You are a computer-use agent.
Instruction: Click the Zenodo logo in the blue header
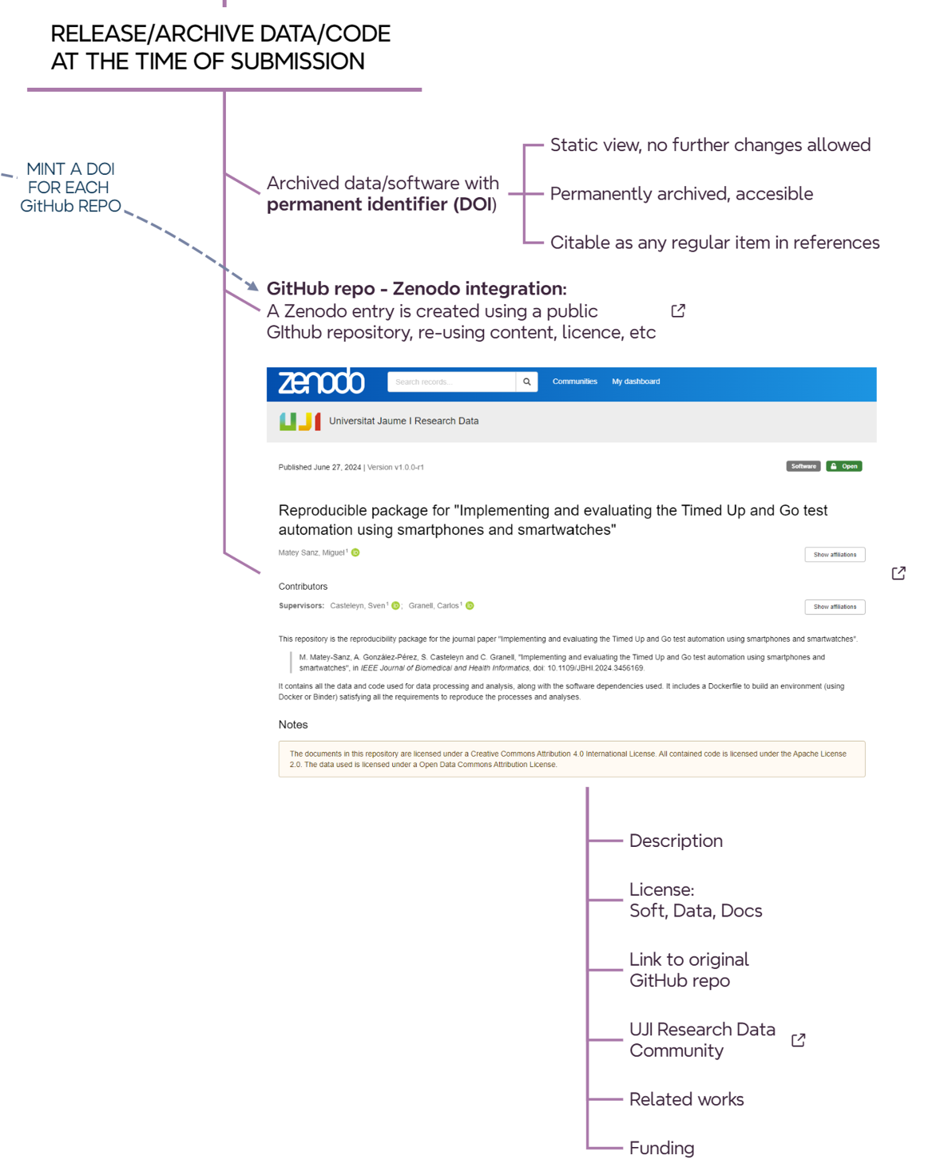pos(321,382)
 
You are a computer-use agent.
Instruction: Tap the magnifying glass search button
pos(526,382)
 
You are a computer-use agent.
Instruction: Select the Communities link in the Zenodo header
pos(574,382)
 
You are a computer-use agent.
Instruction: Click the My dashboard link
pos(636,382)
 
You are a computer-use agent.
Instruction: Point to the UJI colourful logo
pos(299,421)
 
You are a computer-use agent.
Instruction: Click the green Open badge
pos(843,466)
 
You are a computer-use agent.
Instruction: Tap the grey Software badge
pos(803,466)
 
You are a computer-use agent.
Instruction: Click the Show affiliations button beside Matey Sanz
pos(835,555)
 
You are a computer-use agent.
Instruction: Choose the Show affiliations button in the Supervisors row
pos(835,607)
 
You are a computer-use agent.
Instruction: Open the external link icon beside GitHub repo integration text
pos(678,311)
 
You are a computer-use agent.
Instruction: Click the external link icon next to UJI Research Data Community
pos(798,1040)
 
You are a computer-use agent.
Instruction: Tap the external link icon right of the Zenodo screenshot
pos(898,573)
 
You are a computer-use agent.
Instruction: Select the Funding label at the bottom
pos(661,1148)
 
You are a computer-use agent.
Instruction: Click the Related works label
pos(686,1099)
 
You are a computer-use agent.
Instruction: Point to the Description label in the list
pos(676,841)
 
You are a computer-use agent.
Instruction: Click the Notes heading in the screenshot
pos(293,725)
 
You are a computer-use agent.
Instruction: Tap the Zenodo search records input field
pos(451,382)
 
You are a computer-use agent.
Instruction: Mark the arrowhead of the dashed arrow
pos(252,286)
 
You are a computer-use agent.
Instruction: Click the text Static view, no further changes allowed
pos(710,145)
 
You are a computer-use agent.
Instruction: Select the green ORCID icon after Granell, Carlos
pos(470,606)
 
